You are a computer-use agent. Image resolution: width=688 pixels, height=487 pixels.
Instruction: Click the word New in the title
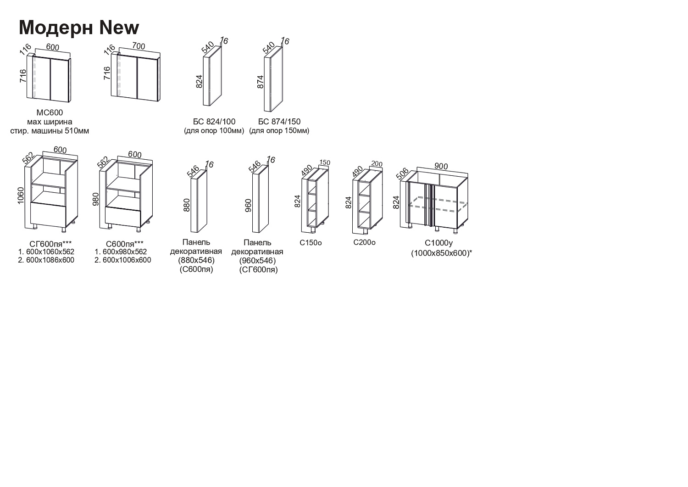pos(119,27)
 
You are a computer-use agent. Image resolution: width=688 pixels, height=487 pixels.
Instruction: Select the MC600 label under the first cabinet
pos(50,112)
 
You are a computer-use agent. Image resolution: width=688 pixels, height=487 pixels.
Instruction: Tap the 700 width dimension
pos(139,46)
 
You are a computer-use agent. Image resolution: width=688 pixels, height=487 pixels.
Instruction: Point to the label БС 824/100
pos(214,122)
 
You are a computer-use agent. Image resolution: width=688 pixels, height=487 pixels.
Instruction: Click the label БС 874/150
pos(279,122)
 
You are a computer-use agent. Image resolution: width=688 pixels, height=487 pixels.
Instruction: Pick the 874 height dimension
pos(261,82)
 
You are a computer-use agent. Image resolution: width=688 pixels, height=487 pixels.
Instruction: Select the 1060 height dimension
pos(21,195)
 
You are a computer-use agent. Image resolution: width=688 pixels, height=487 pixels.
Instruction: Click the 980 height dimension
pos(96,199)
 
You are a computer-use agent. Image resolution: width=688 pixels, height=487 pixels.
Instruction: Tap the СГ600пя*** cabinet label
pos(45,244)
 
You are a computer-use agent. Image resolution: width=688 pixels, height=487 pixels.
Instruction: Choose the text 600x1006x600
pos(127,260)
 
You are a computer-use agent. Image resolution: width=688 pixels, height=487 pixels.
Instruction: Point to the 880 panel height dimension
pos(187,205)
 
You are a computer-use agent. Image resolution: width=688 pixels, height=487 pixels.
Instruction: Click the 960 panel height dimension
pos(248,205)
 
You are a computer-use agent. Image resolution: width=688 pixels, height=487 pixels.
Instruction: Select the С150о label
pos(311,243)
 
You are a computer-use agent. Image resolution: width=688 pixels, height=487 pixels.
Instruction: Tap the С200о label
pos(364,242)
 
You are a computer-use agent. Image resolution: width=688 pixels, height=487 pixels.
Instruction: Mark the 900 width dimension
pos(441,166)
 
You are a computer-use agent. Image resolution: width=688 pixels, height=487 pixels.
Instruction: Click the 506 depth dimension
pos(402,174)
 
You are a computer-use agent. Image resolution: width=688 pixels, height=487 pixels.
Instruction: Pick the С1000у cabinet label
pos(438,243)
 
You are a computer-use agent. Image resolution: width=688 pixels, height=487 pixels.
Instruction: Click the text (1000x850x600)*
pos(442,253)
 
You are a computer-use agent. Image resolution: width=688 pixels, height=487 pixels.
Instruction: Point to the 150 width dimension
pos(325,162)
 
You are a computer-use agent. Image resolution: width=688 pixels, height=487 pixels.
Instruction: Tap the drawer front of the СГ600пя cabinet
pos(49,215)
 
